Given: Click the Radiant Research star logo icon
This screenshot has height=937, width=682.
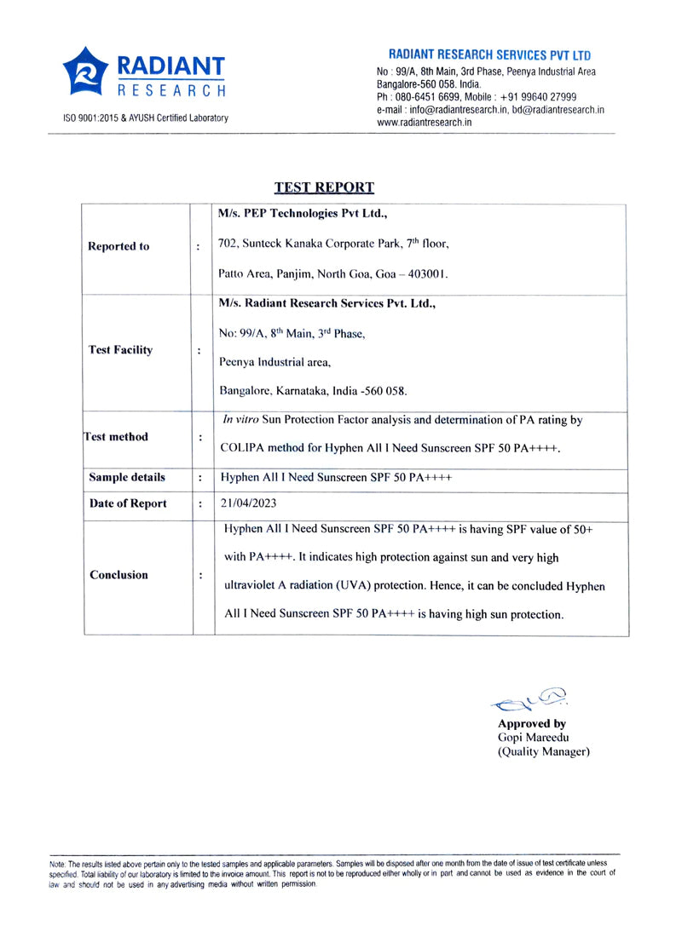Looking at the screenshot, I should pyautogui.click(x=85, y=72).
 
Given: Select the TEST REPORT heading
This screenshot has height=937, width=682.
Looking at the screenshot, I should pyautogui.click(x=324, y=187).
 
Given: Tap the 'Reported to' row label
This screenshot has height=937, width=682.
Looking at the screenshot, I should pyautogui.click(x=118, y=246).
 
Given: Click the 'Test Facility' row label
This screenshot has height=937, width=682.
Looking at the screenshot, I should pyautogui.click(x=121, y=350).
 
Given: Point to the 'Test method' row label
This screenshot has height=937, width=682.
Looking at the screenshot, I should pyautogui.click(x=116, y=437).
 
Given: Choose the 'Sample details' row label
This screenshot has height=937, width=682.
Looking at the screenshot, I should pyautogui.click(x=127, y=478).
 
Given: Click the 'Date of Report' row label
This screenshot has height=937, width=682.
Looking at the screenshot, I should pyautogui.click(x=128, y=503).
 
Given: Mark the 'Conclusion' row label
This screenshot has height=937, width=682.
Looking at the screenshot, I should pyautogui.click(x=118, y=575).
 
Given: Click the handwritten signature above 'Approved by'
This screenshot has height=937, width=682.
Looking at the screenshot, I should pyautogui.click(x=530, y=700).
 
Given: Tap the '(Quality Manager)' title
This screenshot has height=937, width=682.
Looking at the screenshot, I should pyautogui.click(x=544, y=752).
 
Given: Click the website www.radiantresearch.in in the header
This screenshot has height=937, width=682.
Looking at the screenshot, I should pyautogui.click(x=425, y=123).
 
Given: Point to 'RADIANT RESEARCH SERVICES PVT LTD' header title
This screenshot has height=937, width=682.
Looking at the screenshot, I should pyautogui.click(x=489, y=55).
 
